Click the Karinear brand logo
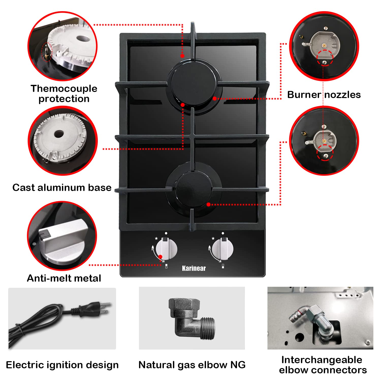pyautogui.click(x=194, y=268)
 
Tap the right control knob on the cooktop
pyautogui.click(x=223, y=250)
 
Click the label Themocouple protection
pyautogui.click(x=64, y=93)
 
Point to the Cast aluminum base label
pyautogui.click(x=62, y=187)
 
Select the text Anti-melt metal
pyautogui.click(x=64, y=278)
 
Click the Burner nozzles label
pyautogui.click(x=324, y=94)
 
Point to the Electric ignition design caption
pyautogui.click(x=62, y=365)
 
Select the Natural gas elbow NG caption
pyautogui.click(x=192, y=365)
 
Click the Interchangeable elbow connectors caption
pyautogui.click(x=323, y=365)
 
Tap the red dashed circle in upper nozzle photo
pyautogui.click(x=325, y=57)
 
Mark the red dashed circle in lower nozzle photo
pyautogui.click(x=325, y=152)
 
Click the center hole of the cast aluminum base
pyautogui.click(x=59, y=134)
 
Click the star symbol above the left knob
pyautogui.click(x=156, y=239)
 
